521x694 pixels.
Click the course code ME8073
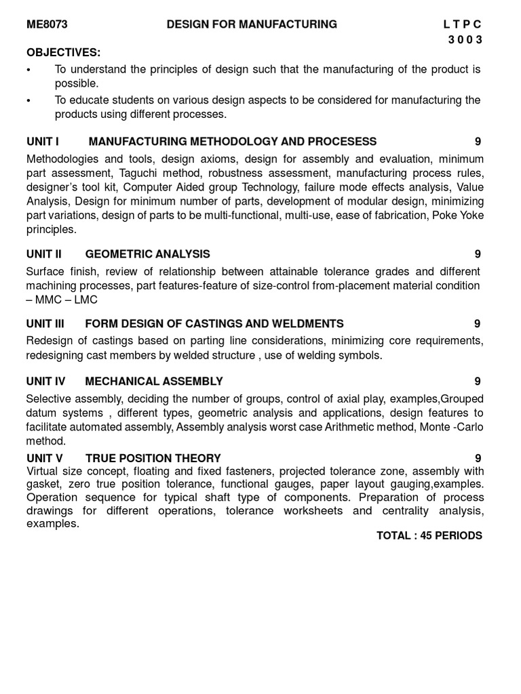[x=47, y=24]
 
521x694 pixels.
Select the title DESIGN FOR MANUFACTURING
[x=252, y=24]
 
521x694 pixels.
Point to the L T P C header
[x=463, y=24]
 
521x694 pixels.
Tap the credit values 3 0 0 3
[x=465, y=39]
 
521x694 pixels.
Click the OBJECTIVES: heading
[x=63, y=53]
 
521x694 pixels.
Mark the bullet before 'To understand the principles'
[x=28, y=70]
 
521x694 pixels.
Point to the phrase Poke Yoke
[x=458, y=216]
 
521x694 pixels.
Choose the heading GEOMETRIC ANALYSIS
[x=147, y=254]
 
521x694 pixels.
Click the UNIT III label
[x=45, y=324]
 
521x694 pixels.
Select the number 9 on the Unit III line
[x=478, y=324]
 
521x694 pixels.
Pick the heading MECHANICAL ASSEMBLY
[x=154, y=382]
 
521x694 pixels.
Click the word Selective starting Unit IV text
[x=49, y=399]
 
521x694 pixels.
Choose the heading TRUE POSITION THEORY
[x=153, y=458]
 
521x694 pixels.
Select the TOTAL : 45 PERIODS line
[x=429, y=535]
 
